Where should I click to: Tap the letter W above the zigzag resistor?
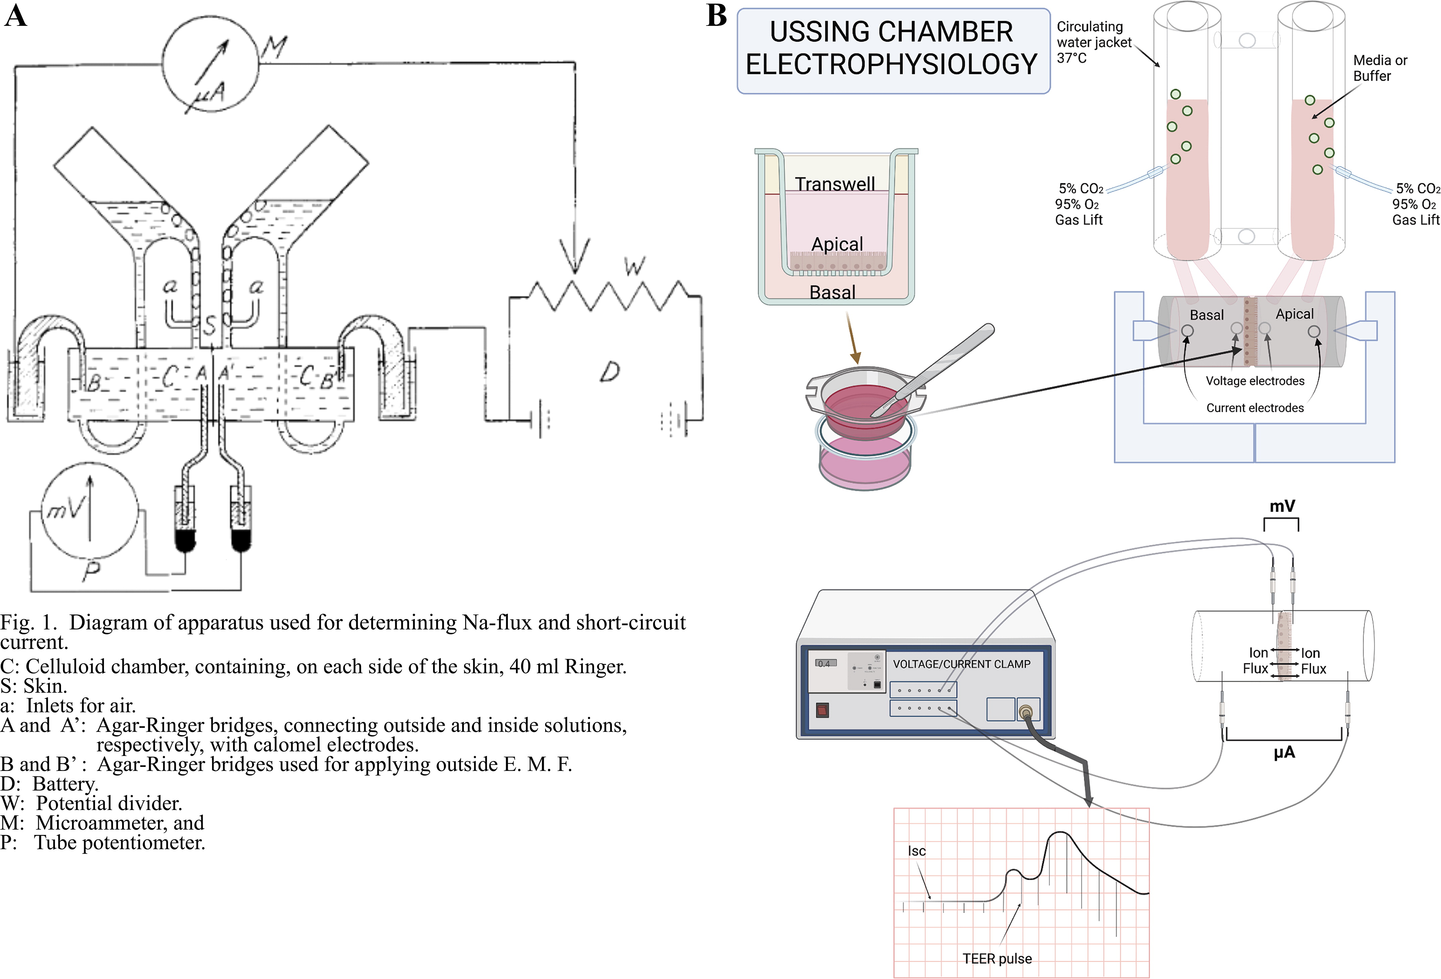click(634, 267)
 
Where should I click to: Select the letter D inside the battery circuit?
click(609, 372)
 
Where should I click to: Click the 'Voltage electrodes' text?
click(1255, 381)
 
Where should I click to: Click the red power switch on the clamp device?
click(822, 710)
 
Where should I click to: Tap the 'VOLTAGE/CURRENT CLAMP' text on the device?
click(961, 664)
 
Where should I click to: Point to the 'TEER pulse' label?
click(997, 959)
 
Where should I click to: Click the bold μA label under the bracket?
click(1284, 753)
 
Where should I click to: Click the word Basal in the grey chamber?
click(1207, 315)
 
